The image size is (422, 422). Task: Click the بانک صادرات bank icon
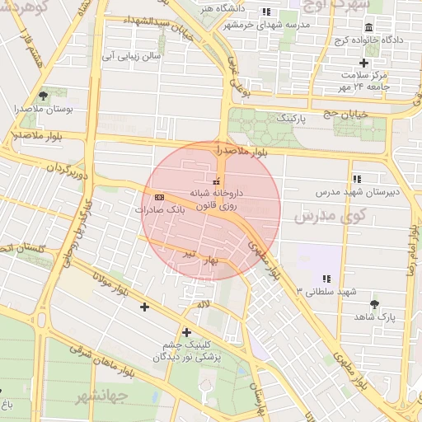(159, 197)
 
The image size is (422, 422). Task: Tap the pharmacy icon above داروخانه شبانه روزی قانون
(217, 181)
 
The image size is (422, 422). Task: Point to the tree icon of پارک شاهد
(375, 303)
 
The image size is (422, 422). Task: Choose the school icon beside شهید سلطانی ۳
(326, 279)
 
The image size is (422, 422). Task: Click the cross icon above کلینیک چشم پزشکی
(187, 332)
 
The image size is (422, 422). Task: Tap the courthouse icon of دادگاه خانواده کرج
(368, 27)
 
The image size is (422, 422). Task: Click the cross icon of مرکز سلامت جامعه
(363, 63)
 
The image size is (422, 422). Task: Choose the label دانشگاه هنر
(223, 8)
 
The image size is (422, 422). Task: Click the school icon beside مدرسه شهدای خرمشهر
(265, 12)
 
